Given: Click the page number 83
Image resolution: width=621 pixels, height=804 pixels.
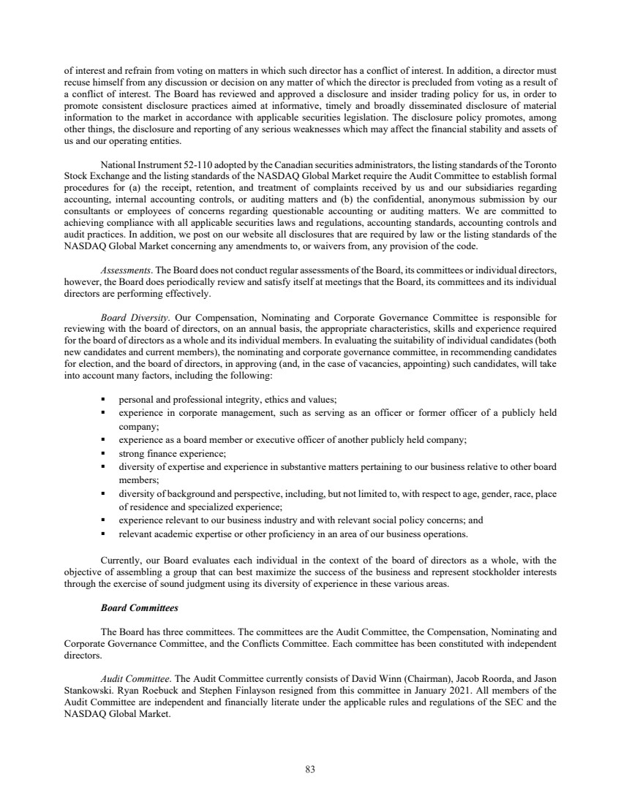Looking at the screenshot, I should (310, 769).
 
